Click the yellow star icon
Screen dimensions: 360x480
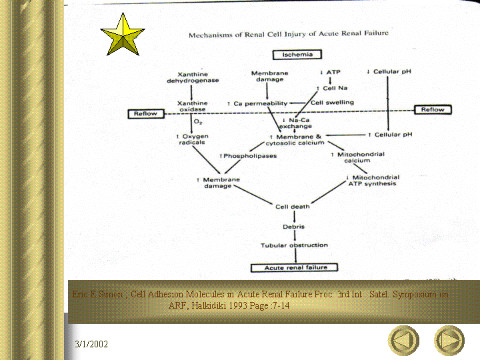(123, 36)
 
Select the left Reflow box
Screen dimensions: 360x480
(145, 113)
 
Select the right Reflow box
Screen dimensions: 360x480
(433, 109)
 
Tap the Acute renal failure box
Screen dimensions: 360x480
(293, 267)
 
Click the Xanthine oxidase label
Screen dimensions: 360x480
(192, 107)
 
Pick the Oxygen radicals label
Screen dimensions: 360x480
(192, 139)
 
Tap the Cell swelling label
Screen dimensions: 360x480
(331, 103)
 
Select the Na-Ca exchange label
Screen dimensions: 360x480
(295, 123)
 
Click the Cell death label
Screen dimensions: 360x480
(293, 207)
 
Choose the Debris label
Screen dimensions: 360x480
(293, 226)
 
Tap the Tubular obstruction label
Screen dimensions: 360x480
(293, 245)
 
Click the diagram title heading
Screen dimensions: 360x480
(288, 33)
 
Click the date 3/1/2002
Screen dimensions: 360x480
(91, 344)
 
